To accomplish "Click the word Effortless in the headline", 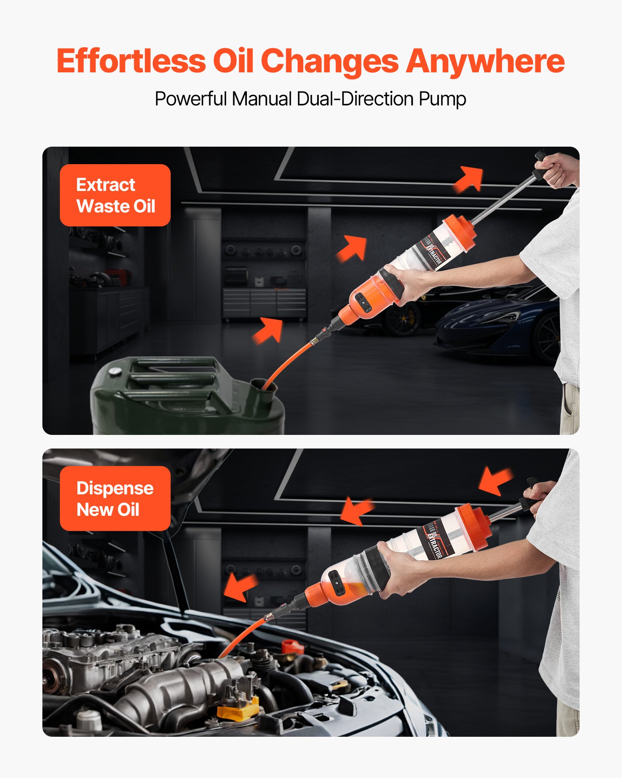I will pos(131,61).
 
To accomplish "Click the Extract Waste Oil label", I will pos(115,195).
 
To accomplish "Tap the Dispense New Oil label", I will pos(115,498).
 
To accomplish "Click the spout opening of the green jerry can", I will pos(264,385).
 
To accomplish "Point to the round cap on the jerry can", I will pos(114,371).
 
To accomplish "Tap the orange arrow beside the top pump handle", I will pos(470,179).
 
